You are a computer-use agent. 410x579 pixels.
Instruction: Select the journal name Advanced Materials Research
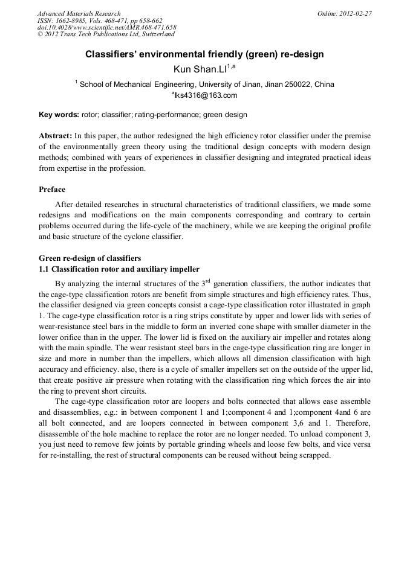click(x=79, y=13)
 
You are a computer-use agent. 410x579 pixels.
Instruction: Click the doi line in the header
click(x=106, y=28)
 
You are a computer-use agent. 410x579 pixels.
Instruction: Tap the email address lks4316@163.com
click(x=206, y=95)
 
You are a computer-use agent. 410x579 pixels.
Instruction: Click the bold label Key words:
click(x=59, y=115)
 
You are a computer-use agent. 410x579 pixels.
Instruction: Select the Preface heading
click(x=52, y=190)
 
